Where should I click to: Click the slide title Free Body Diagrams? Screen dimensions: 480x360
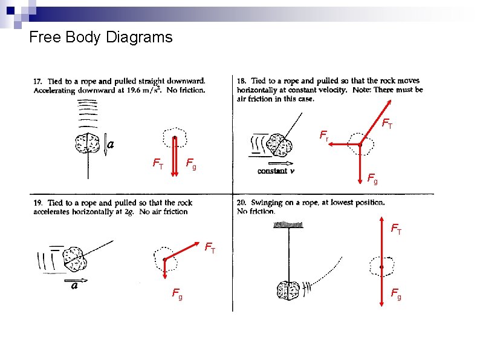100,38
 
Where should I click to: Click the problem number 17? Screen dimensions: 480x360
37,81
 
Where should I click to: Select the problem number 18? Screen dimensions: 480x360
242,81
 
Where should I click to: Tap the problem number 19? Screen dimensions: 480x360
37,203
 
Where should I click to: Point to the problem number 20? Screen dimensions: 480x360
242,203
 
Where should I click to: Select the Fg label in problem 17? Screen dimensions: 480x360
190,163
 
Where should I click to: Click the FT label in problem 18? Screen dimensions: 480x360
388,125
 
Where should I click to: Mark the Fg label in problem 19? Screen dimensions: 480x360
178,295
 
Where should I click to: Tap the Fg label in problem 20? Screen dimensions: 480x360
396,294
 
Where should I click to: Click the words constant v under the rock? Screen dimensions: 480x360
276,171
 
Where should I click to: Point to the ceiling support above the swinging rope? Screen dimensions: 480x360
289,224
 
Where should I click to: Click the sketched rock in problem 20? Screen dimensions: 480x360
288,290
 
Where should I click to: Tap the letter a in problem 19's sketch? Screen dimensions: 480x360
74,286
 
